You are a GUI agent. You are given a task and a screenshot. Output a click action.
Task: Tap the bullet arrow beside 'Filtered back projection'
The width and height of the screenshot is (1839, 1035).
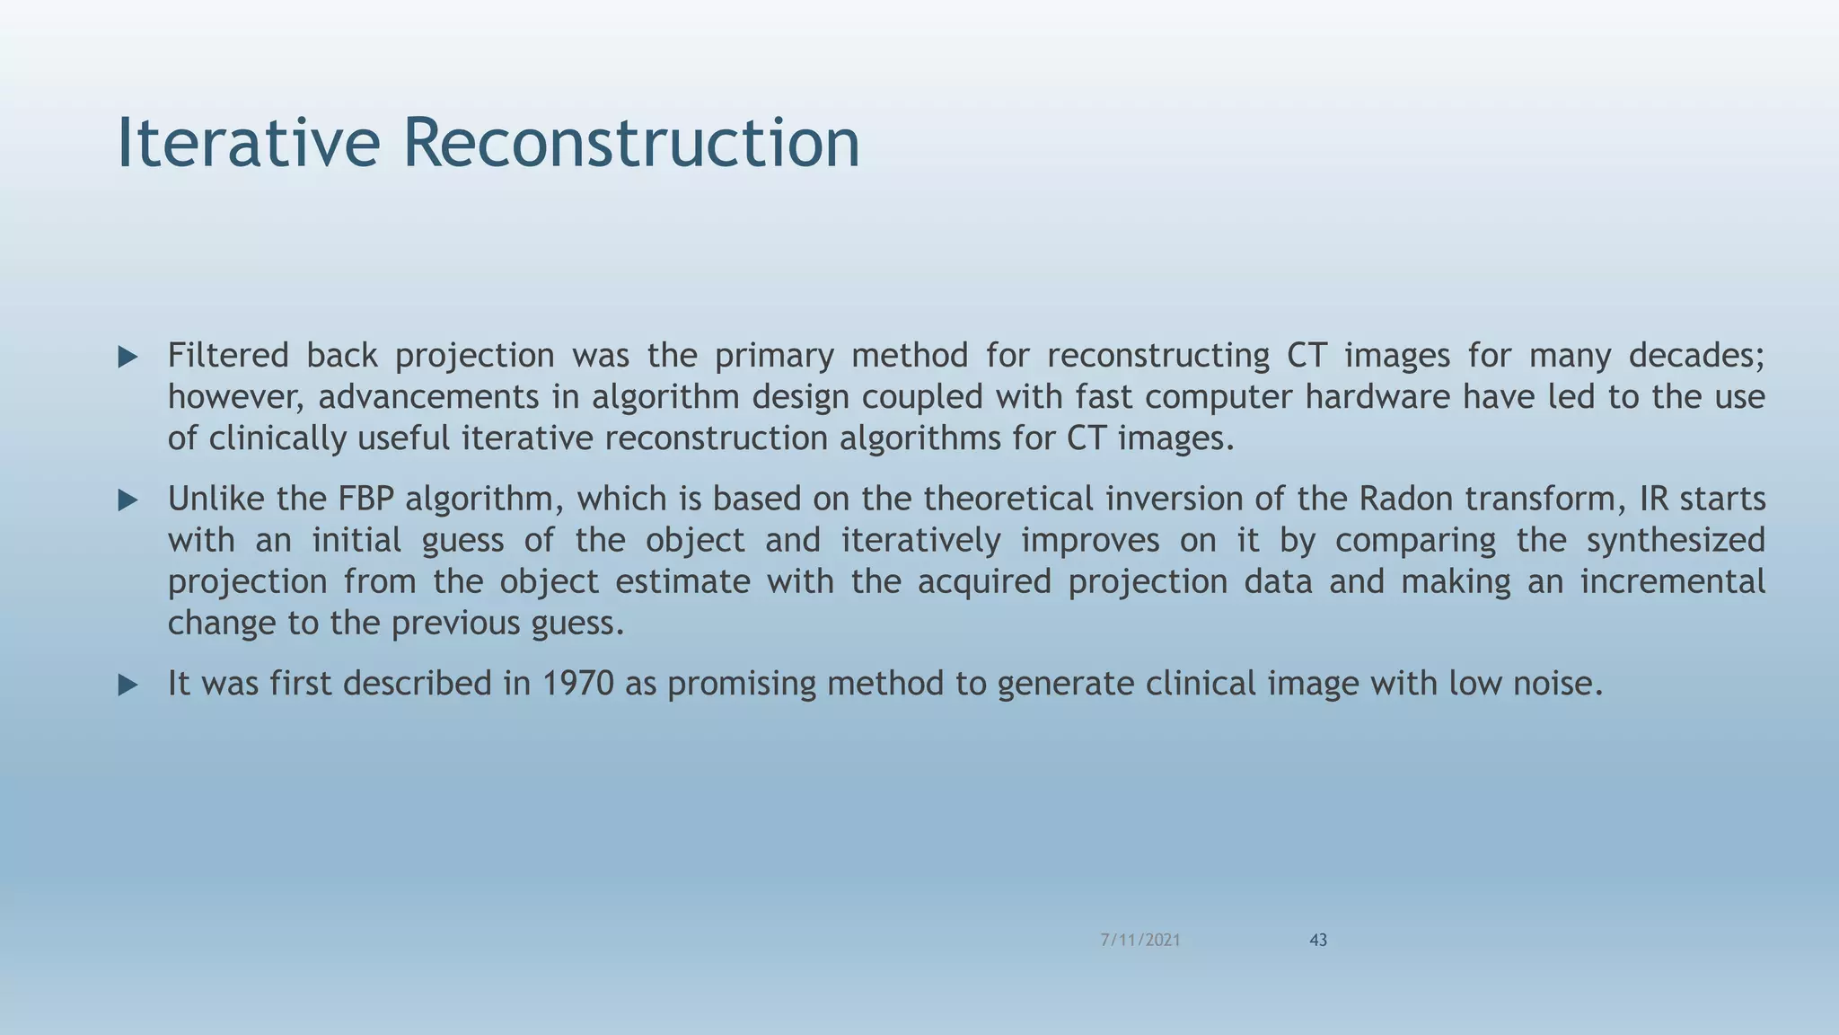coord(128,358)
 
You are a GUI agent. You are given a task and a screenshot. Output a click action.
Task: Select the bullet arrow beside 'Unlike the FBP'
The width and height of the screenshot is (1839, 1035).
coord(128,500)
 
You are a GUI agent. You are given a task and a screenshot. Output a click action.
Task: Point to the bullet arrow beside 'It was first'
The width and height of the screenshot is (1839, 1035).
coord(128,686)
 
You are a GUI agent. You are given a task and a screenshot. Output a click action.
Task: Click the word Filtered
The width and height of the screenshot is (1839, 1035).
coord(228,356)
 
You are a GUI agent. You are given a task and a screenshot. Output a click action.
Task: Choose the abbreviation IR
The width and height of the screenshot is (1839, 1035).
coord(1654,499)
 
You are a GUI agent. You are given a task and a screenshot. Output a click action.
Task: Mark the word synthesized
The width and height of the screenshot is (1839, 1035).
coord(1676,540)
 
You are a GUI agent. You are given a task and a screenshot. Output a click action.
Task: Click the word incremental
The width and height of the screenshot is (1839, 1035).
coord(1672,581)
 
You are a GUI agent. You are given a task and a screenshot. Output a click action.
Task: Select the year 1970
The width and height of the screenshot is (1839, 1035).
coord(578,684)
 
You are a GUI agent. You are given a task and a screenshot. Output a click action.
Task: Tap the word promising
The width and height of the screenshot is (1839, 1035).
coord(742,685)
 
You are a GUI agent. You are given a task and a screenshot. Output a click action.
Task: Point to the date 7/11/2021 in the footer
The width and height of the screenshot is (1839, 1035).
coord(1140,940)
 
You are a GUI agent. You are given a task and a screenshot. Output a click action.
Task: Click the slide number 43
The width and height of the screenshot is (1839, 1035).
coord(1318,940)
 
